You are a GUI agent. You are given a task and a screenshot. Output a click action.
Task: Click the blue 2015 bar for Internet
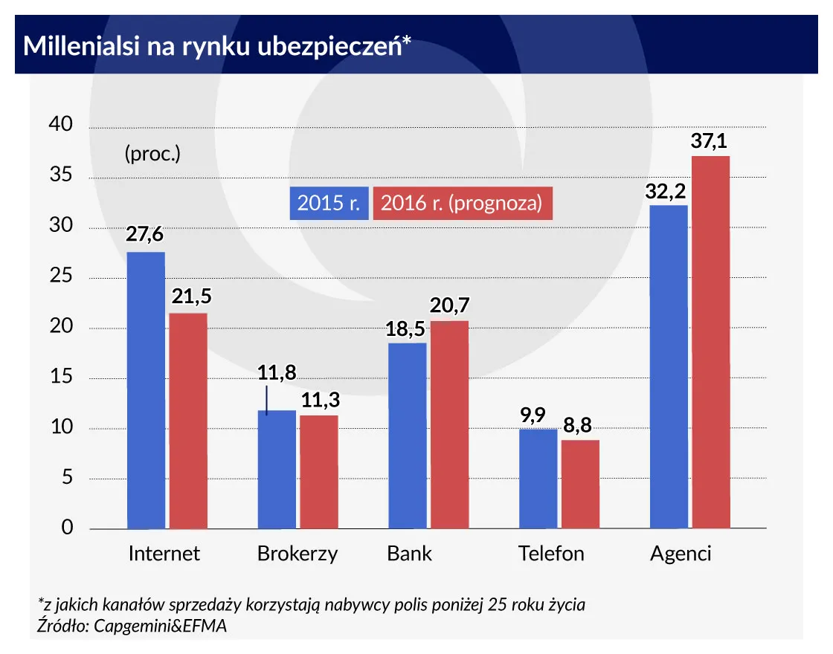(x=146, y=390)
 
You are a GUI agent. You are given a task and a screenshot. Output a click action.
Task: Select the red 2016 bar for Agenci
(x=710, y=342)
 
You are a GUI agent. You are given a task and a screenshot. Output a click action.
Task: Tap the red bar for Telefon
(x=580, y=484)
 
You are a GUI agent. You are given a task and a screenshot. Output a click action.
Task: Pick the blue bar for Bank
(x=407, y=436)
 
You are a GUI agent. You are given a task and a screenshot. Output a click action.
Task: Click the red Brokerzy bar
(x=319, y=472)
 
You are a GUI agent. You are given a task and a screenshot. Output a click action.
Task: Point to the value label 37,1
(x=710, y=141)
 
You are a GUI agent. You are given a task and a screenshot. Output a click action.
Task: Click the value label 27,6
(x=146, y=236)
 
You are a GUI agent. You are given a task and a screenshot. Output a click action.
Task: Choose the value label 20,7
(x=450, y=305)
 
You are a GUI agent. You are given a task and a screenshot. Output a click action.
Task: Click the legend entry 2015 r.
(x=328, y=203)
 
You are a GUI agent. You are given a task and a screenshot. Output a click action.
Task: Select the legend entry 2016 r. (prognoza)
(x=462, y=203)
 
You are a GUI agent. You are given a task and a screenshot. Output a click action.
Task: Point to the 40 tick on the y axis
(x=62, y=126)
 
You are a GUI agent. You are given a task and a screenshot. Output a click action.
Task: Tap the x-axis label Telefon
(x=551, y=554)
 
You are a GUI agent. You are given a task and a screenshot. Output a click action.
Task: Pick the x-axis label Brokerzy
(x=297, y=554)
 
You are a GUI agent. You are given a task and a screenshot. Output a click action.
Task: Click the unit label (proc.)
(x=152, y=155)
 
